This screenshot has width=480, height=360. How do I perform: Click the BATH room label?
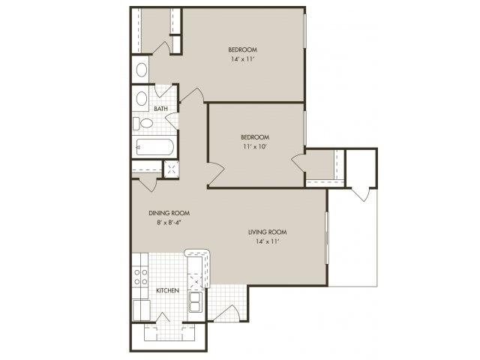pyautogui.click(x=160, y=109)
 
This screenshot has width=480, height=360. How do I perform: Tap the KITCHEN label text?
pyautogui.click(x=167, y=290)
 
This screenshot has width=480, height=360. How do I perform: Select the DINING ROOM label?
pyautogui.click(x=169, y=213)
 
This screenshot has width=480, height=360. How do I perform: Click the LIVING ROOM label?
pyautogui.click(x=268, y=232)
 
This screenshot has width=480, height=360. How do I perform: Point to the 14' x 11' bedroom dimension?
pyautogui.click(x=243, y=59)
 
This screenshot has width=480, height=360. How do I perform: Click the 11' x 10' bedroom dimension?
pyautogui.click(x=255, y=147)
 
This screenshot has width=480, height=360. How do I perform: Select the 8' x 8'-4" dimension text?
pyautogui.click(x=169, y=223)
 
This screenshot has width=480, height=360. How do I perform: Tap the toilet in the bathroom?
pyautogui.click(x=142, y=123)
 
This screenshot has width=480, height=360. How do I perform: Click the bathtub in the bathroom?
pyautogui.click(x=155, y=147)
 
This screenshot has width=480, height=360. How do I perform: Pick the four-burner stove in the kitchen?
pyautogui.click(x=140, y=277)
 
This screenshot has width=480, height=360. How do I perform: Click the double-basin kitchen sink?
pyautogui.click(x=196, y=301)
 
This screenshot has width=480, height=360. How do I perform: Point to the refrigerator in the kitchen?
pyautogui.click(x=142, y=310)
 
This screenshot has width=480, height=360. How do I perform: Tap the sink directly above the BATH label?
pyautogui.click(x=142, y=98)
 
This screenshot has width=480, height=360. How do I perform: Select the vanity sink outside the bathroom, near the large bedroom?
pyautogui.click(x=142, y=70)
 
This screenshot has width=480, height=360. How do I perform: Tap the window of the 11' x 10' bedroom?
pyautogui.click(x=305, y=128)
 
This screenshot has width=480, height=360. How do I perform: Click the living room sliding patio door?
pyautogui.click(x=327, y=238)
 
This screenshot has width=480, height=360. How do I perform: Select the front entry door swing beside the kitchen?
pyautogui.click(x=227, y=313)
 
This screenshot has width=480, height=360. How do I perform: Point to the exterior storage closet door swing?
pyautogui.click(x=363, y=194)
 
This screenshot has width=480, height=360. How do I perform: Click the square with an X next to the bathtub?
pyautogui.click(x=172, y=168)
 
